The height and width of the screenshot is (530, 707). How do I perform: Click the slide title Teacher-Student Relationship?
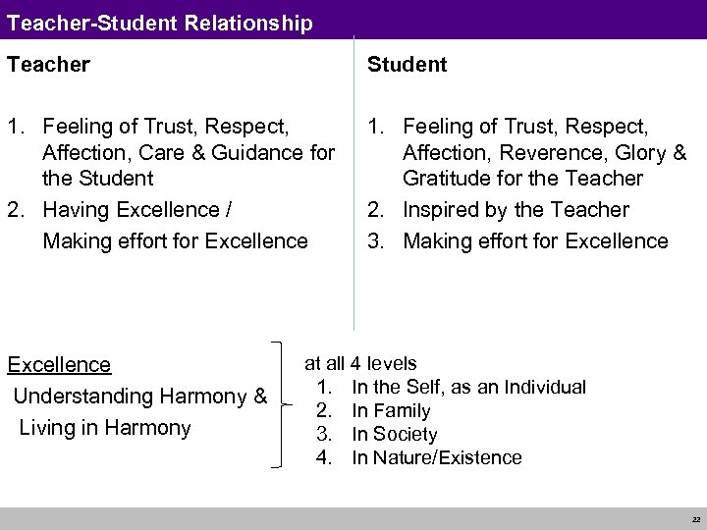(x=159, y=22)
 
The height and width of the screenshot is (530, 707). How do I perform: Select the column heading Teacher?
(x=48, y=65)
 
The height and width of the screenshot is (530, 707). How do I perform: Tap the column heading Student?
(x=407, y=65)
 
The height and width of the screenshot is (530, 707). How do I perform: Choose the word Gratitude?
(x=448, y=179)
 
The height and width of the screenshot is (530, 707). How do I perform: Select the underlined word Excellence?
(x=59, y=365)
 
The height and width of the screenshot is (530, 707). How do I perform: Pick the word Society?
(x=406, y=434)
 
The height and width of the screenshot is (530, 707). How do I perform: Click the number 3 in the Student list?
(x=376, y=241)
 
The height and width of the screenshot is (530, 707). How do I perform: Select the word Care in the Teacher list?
(x=162, y=153)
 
